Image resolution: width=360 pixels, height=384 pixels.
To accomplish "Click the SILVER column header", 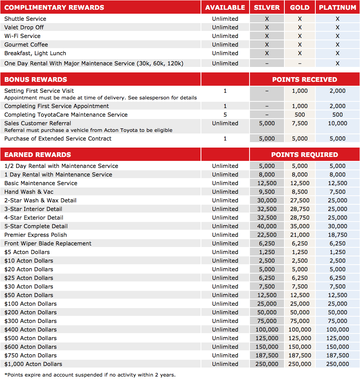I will coord(267,7).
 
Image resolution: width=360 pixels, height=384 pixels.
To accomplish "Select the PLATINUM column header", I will coord(337,7).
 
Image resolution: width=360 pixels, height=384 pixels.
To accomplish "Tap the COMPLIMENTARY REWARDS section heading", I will coord(54,7).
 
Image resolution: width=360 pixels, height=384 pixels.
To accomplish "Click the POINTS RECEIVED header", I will coord(304,79).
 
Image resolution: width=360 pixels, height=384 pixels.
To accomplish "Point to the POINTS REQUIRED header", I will coord(304,155).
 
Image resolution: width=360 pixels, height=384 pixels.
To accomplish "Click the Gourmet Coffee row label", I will coord(26,45).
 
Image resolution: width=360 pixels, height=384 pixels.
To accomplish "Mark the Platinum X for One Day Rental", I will coord(337,63).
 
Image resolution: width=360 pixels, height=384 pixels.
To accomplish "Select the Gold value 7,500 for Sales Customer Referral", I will coord(300,123).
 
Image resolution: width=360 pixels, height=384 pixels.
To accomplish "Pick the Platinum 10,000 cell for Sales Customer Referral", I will coord(337,123).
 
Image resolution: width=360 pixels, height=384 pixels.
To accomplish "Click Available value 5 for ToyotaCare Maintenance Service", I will coord(225,115).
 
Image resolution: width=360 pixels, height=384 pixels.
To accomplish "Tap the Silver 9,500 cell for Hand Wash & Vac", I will coord(267,192).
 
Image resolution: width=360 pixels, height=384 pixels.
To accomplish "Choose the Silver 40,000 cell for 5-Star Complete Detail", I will coord(267,226).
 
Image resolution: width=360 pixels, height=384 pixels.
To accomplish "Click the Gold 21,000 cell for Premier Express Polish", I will coord(300,235).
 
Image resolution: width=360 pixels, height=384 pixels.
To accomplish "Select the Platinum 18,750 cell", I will coord(337,235).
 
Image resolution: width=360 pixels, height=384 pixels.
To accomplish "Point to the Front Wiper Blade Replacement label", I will coord(48,243).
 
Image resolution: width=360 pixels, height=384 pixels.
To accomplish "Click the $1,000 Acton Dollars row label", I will coord(33,364).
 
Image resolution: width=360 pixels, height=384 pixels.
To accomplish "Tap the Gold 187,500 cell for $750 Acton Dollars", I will coord(300,355).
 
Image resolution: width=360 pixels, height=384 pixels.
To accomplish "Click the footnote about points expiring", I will coord(90,375).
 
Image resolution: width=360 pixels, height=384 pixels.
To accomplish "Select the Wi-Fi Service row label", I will coord(22,36).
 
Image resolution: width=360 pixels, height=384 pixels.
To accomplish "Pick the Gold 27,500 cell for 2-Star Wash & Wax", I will coord(300,200).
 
